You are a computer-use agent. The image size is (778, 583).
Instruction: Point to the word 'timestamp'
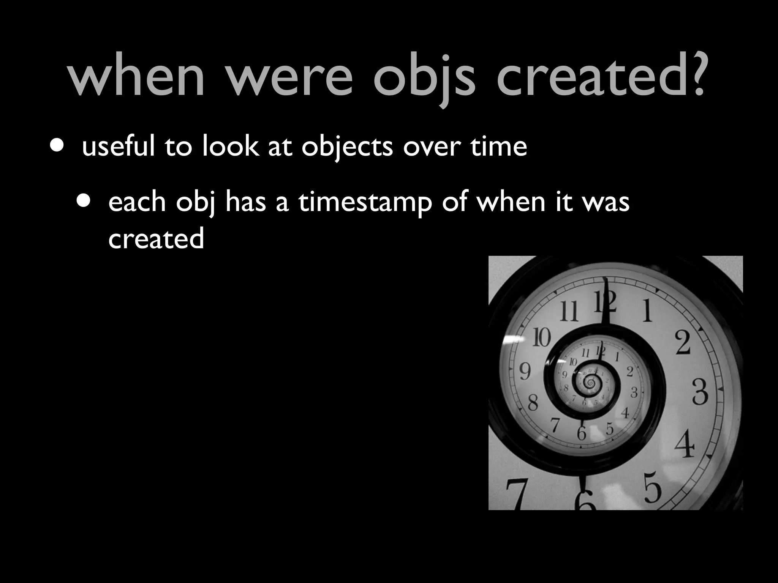coord(365,203)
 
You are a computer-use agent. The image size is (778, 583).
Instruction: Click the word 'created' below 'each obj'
coord(156,239)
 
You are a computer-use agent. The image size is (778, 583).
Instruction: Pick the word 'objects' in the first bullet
coord(347,147)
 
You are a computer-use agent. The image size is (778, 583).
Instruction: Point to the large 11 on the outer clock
coord(569,311)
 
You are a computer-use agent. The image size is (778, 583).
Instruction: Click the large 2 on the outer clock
coord(683,343)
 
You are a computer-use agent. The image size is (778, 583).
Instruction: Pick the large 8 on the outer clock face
coord(533,403)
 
